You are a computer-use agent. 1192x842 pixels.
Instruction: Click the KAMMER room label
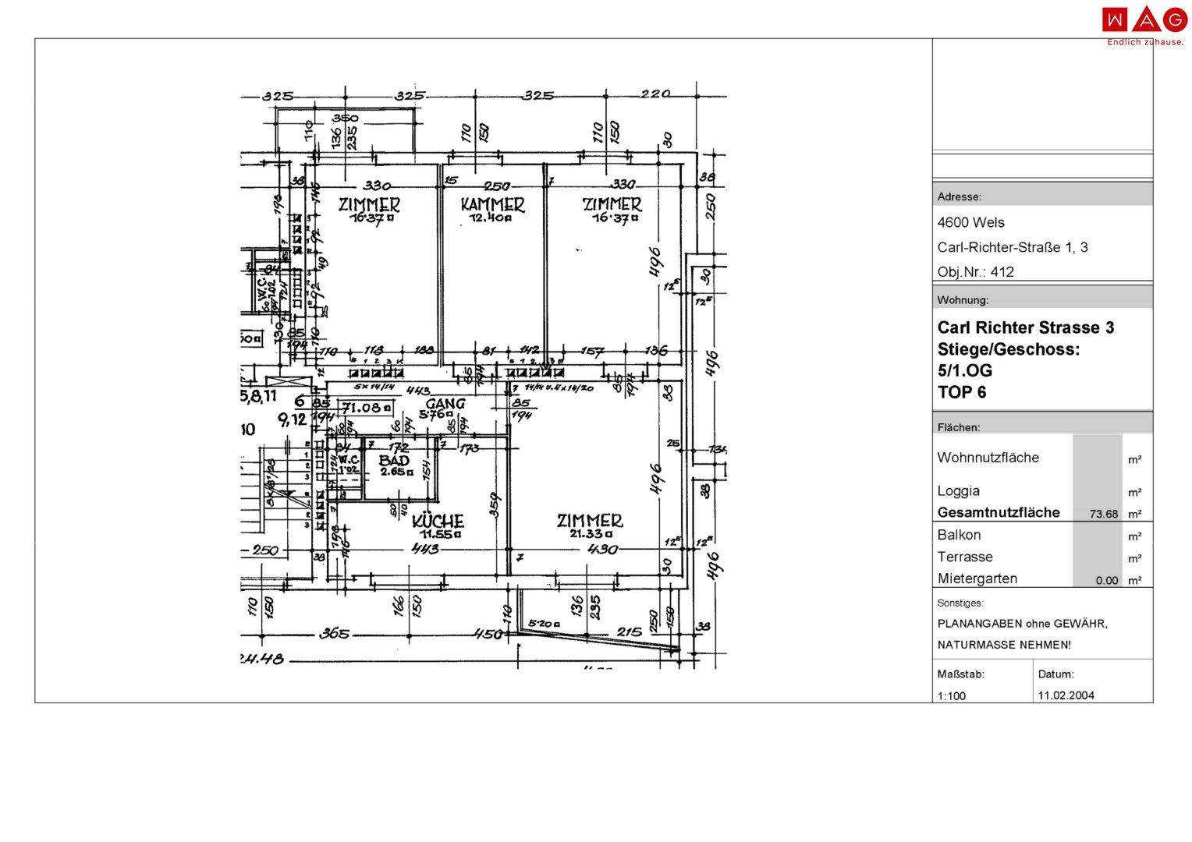pos(492,205)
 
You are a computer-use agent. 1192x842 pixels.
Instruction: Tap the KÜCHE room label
pos(438,521)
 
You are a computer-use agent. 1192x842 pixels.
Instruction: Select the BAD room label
pos(394,461)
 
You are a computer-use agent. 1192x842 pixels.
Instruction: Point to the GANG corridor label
pos(445,403)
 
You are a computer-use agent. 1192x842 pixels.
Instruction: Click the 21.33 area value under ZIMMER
pos(591,535)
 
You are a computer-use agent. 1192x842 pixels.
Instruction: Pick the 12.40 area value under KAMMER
pos(490,219)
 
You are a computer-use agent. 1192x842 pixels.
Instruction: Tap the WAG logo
pos(1144,19)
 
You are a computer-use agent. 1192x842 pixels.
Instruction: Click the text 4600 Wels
pos(970,222)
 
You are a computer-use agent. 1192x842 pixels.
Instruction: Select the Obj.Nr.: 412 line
pos(975,272)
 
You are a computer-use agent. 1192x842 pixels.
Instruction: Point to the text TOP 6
pos(962,392)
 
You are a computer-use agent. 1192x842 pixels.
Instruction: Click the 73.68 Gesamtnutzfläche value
pos(1103,515)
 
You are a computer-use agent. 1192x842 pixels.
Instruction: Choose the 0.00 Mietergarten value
pos(1106,580)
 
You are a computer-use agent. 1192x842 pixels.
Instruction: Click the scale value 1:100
pos(951,696)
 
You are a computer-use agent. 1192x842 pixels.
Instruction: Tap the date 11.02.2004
pos(1066,695)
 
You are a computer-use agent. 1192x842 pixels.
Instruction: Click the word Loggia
pos(958,491)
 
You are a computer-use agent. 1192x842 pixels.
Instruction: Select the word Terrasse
pos(965,557)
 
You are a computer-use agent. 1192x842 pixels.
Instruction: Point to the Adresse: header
pos(960,196)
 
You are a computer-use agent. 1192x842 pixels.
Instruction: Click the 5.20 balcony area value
pos(544,624)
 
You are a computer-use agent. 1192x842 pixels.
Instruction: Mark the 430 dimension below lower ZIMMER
pos(601,550)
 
